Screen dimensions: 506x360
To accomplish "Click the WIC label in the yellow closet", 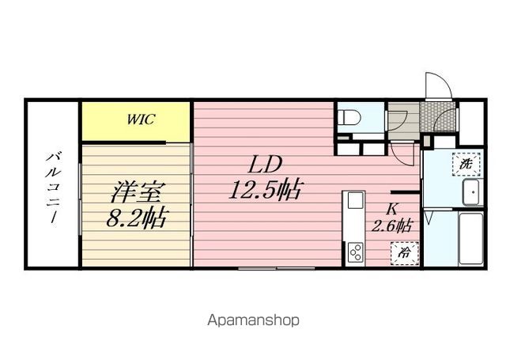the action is (141, 119).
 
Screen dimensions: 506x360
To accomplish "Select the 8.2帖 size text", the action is (136, 217).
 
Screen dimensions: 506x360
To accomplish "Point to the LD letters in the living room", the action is (265, 165).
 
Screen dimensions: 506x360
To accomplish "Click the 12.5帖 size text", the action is (266, 189).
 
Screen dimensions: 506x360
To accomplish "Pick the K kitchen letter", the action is (392, 209).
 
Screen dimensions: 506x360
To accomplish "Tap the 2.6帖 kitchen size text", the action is (391, 225).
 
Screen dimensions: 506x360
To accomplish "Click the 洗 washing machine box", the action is (466, 165).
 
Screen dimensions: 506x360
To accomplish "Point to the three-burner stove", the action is (355, 252).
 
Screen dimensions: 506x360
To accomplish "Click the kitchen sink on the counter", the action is (355, 201).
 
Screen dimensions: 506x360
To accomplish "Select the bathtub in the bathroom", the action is (470, 239).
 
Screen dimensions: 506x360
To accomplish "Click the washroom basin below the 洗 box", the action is (473, 191).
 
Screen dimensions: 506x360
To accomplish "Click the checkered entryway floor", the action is (437, 117).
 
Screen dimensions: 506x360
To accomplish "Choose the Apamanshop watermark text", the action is (253, 320).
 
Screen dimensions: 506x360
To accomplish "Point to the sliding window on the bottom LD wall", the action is (276, 268).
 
